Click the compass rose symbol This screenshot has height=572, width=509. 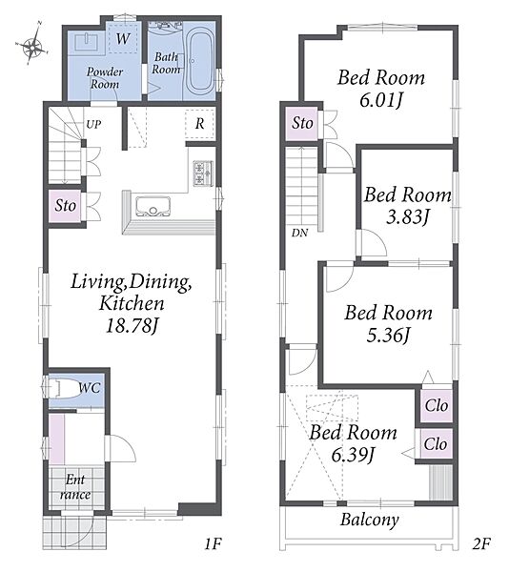pos(33,45)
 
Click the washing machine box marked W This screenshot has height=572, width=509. pos(124,37)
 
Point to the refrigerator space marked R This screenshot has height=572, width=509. pos(200,123)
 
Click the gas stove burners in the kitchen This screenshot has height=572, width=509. pos(203,174)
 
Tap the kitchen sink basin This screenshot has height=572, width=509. pos(153,207)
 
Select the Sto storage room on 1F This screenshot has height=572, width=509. pos(65,205)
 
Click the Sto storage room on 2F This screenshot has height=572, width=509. pos(302,123)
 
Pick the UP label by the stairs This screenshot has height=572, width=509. pos(93,124)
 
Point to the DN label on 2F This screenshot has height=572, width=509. pos(299,233)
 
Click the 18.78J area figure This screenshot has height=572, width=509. pos(132,325)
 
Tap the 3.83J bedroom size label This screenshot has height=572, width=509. pos(407,216)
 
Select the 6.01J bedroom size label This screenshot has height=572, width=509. pos(381,100)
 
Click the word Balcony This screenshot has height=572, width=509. pos(369,520)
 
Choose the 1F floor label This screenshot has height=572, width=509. pos(213,544)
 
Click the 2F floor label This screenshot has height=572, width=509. pos(481,544)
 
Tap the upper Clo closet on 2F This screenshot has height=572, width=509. pos(437,405)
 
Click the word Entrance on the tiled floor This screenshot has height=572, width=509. pos(75,486)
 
